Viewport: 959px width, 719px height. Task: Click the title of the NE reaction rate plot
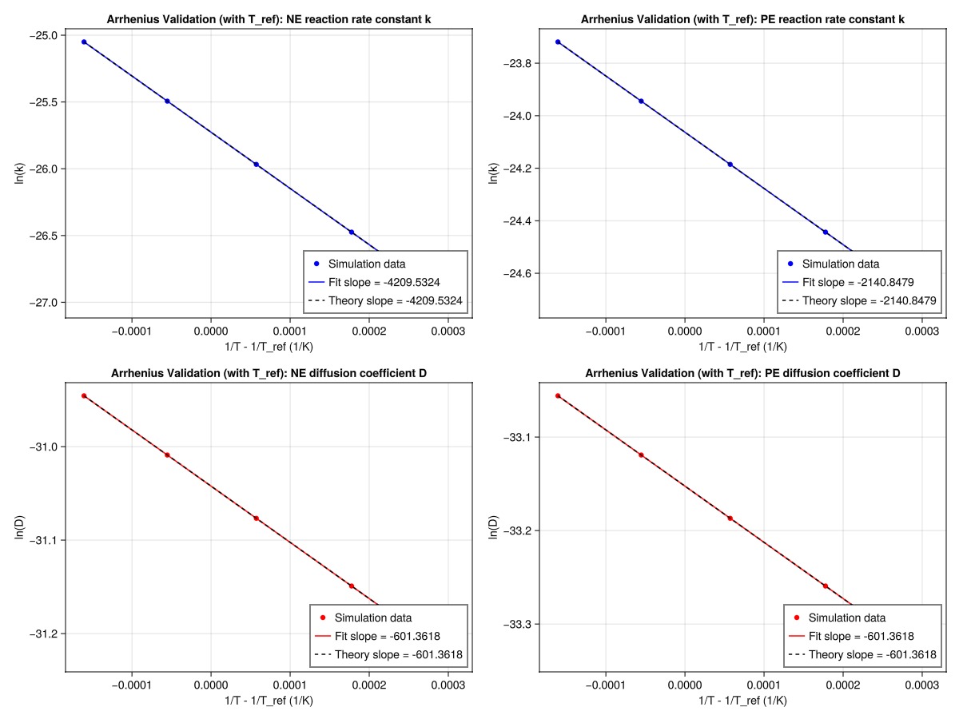tap(269, 18)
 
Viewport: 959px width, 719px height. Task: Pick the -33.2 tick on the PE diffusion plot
tap(516, 530)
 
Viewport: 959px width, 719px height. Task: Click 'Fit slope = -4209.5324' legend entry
tap(385, 282)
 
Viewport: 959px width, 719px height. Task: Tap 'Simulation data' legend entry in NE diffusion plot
tap(373, 618)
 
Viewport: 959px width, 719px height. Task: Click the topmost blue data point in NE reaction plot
tap(84, 42)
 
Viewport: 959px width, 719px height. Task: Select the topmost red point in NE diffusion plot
tap(84, 395)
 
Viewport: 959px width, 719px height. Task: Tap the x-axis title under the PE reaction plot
tap(742, 346)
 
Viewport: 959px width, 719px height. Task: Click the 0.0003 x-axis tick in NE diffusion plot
tap(448, 685)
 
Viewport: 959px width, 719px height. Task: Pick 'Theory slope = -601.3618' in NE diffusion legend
tap(388, 655)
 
